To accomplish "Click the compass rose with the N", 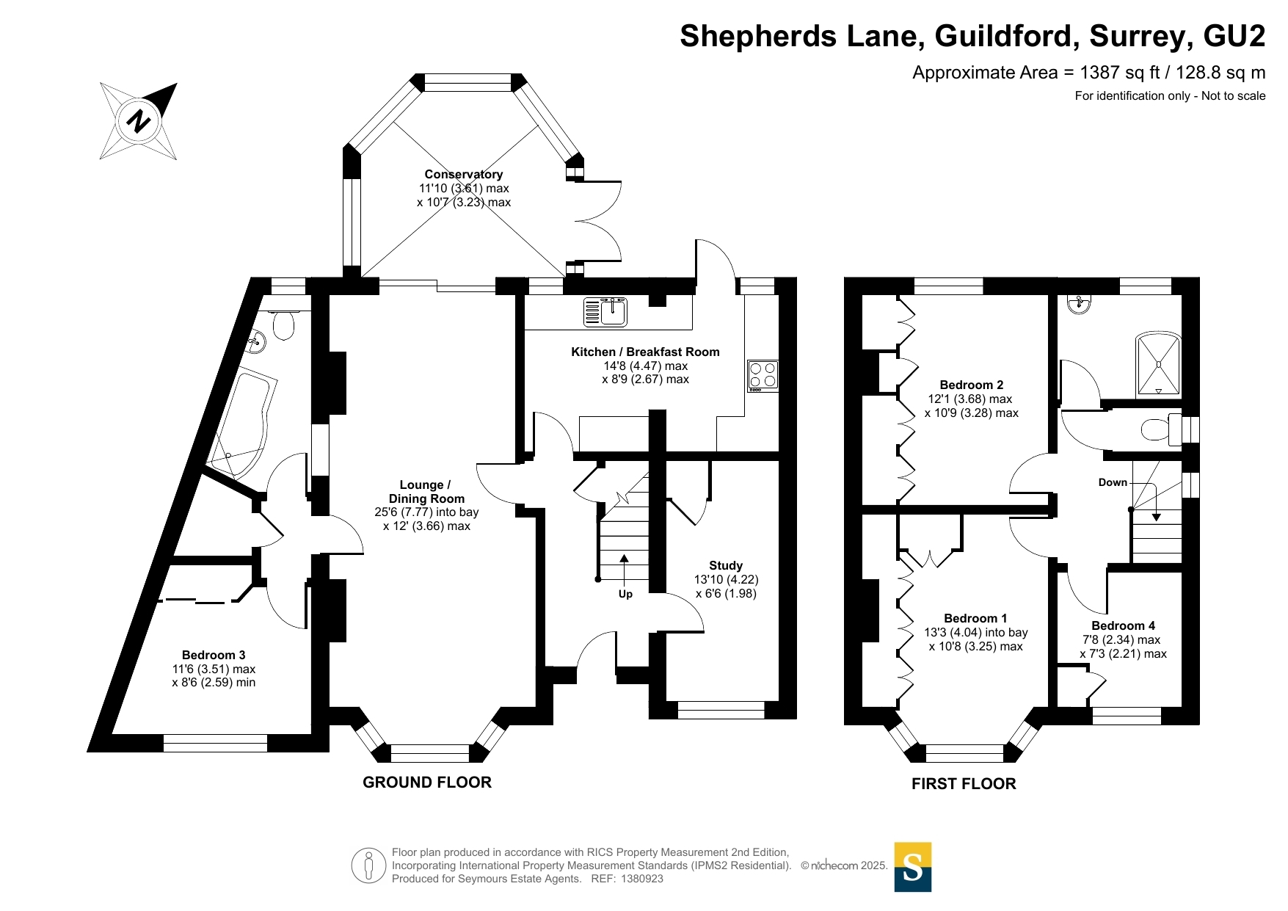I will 139,121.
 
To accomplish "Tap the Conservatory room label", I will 463,175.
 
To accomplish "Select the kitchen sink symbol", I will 605,311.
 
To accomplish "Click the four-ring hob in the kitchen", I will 763,375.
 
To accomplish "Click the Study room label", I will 725,565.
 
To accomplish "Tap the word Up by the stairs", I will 625,594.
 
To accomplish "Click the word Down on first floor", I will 1113,482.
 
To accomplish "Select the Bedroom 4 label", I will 1123,625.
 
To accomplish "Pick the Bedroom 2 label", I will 971,385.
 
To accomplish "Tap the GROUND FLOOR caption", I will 427,783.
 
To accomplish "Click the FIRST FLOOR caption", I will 964,784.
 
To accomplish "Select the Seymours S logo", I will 912,867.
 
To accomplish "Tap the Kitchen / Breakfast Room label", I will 645,352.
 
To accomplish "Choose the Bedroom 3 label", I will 214,655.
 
